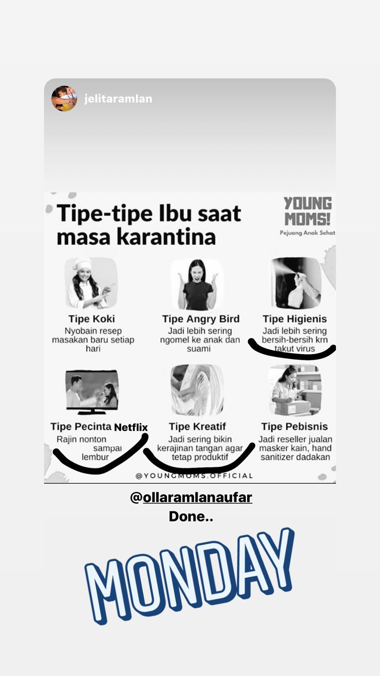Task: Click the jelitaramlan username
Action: click(118, 99)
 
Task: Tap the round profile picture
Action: click(64, 99)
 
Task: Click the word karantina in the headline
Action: click(166, 237)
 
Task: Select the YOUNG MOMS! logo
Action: click(308, 211)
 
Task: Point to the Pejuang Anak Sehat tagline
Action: click(308, 233)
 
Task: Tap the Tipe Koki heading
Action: click(91, 319)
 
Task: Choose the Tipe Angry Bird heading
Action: click(201, 319)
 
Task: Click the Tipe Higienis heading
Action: click(294, 319)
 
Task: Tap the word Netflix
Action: click(131, 427)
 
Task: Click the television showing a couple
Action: click(92, 392)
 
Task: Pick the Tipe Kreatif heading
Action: click(197, 426)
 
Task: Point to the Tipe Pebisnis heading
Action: click(294, 426)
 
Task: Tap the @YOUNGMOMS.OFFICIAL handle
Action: click(194, 476)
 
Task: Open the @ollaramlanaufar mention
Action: click(191, 497)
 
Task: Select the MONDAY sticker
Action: click(189, 576)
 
